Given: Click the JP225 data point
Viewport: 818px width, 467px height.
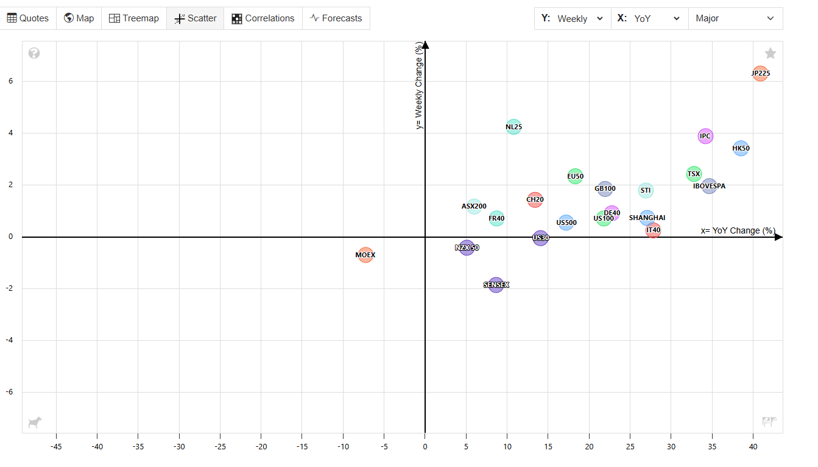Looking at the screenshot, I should tap(760, 74).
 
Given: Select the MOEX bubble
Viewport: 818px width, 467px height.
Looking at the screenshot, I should tap(365, 255).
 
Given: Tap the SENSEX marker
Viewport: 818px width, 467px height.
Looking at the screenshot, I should tap(496, 285).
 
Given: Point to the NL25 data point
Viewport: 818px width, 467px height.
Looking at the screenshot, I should tap(513, 127).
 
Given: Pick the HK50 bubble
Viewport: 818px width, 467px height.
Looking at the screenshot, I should tap(741, 148).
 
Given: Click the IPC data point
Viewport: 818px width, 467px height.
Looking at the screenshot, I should tap(705, 136).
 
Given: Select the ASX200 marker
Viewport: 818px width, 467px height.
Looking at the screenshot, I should tap(474, 206).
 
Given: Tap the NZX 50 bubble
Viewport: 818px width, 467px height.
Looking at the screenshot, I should tap(467, 248).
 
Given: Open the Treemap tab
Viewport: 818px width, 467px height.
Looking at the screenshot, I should tap(134, 18).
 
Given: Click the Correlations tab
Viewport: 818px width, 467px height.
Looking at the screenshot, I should tap(263, 18).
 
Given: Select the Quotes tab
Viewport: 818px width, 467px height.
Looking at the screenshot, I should tap(28, 18).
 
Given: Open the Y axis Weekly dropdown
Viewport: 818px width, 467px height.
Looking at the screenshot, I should tap(573, 18).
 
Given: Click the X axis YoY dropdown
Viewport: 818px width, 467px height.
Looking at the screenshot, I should tap(649, 18).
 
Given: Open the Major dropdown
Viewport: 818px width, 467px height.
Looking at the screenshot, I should tap(735, 18).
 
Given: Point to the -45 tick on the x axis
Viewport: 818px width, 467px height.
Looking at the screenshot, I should tap(56, 447).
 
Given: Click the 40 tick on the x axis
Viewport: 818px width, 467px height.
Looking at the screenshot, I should tap(753, 447).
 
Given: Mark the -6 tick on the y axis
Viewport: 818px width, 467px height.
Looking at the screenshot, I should tap(12, 392).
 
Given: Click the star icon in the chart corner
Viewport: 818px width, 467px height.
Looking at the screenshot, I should tap(770, 54).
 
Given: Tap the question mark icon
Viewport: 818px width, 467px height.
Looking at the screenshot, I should tap(34, 54).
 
